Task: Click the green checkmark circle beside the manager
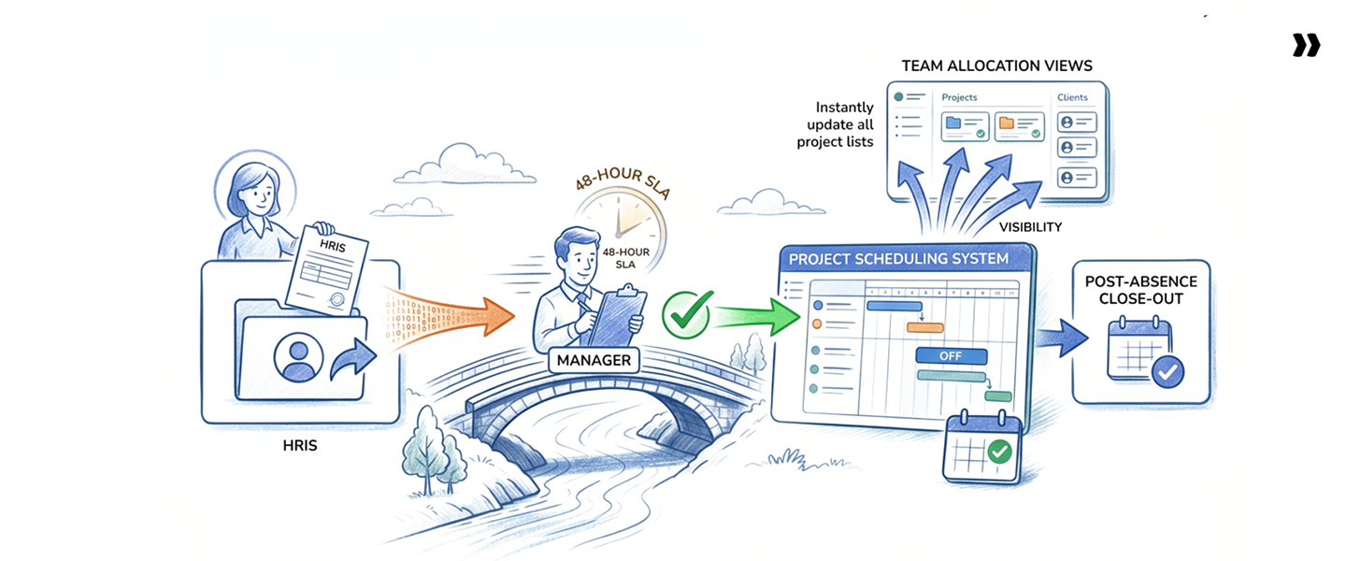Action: click(x=687, y=313)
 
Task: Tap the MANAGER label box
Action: click(x=594, y=360)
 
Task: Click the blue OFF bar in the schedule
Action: click(x=951, y=356)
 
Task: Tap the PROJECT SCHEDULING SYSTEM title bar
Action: click(x=898, y=258)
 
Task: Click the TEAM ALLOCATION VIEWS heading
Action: click(x=996, y=66)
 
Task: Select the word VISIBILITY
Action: click(x=1029, y=227)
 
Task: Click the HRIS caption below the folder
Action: click(x=299, y=446)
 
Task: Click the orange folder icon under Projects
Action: click(x=1006, y=122)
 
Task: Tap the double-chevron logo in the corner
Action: click(x=1306, y=45)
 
